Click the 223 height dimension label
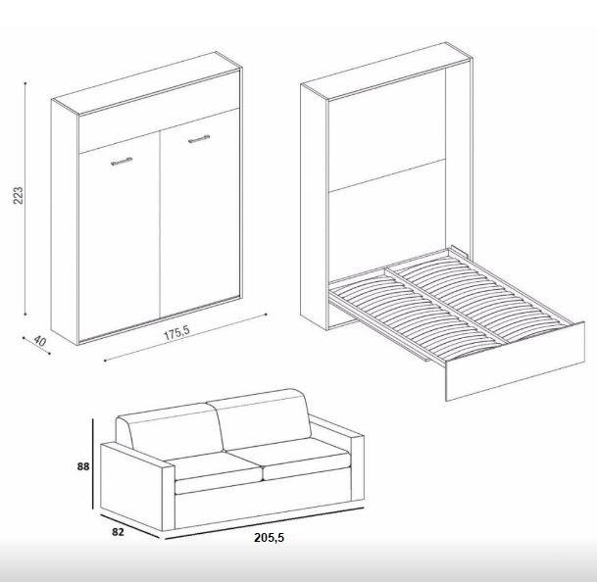(19, 196)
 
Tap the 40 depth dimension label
(39, 341)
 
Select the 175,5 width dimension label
(176, 333)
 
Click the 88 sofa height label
(83, 466)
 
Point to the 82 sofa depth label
(118, 532)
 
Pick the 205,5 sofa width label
(270, 538)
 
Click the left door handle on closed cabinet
(122, 162)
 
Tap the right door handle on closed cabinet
(199, 139)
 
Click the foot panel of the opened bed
(515, 361)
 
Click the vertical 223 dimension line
(25, 198)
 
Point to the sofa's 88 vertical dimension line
(92, 463)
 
